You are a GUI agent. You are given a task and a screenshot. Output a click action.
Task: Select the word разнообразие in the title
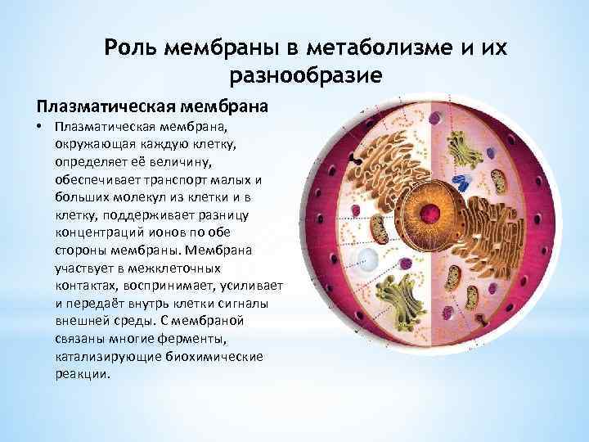pyautogui.click(x=307, y=77)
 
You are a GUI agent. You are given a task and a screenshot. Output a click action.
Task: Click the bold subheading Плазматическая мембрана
pyautogui.click(x=151, y=106)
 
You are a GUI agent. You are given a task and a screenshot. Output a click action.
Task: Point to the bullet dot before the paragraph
pyautogui.click(x=38, y=127)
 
